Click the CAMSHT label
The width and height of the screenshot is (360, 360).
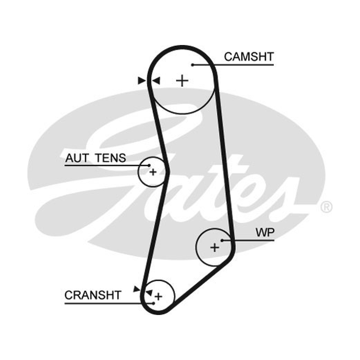point(249,57)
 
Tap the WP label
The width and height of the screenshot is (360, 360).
point(265,233)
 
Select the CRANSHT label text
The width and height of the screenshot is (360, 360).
point(93,295)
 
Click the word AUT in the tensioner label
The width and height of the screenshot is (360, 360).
point(76,158)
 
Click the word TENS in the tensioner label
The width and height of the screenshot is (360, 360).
point(111,158)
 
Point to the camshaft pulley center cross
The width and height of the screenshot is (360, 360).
point(182,81)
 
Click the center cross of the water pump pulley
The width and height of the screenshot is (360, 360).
point(215,247)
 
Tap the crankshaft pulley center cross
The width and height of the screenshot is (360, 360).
point(158,297)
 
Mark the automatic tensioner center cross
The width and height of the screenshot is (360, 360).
point(153,172)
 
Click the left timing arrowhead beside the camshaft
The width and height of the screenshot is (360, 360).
point(142,81)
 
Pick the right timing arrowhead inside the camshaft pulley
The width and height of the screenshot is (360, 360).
point(156,81)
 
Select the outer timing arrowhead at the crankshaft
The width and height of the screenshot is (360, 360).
point(137,289)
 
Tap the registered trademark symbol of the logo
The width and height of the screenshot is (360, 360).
point(326,207)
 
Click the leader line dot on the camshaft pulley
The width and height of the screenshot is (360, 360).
point(193,65)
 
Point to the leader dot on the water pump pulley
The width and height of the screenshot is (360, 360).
point(222,240)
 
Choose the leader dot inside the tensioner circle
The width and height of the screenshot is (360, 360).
point(149,165)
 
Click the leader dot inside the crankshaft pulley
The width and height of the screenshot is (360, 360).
point(153,303)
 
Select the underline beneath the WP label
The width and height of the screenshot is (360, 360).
point(248,240)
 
